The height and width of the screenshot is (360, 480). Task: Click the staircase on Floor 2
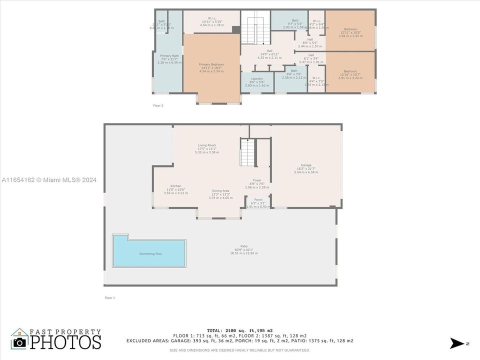pyautogui.click(x=255, y=28)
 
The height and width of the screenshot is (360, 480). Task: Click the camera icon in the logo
pyautogui.click(x=20, y=342)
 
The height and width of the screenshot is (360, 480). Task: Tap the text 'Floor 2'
pyautogui.click(x=158, y=105)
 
